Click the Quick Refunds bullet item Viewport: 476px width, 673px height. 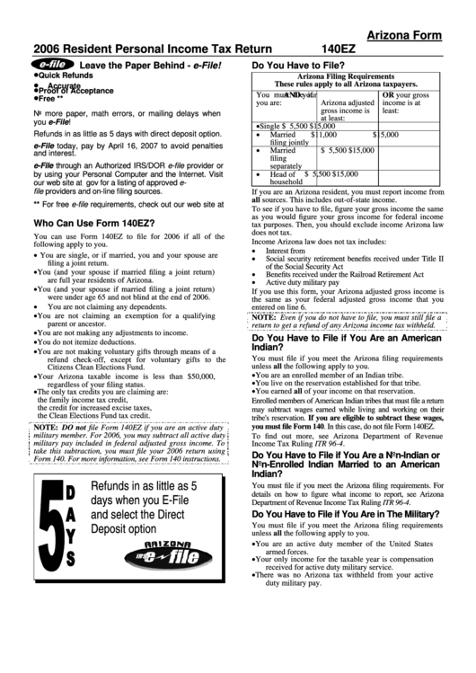(x=66, y=77)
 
